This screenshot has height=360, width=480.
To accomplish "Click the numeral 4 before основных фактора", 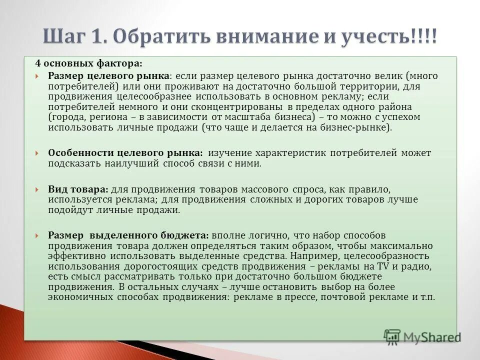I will (37, 63).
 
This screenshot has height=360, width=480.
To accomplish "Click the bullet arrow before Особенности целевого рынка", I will (38, 153).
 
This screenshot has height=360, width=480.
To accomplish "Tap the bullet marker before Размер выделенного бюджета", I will (38, 235).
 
